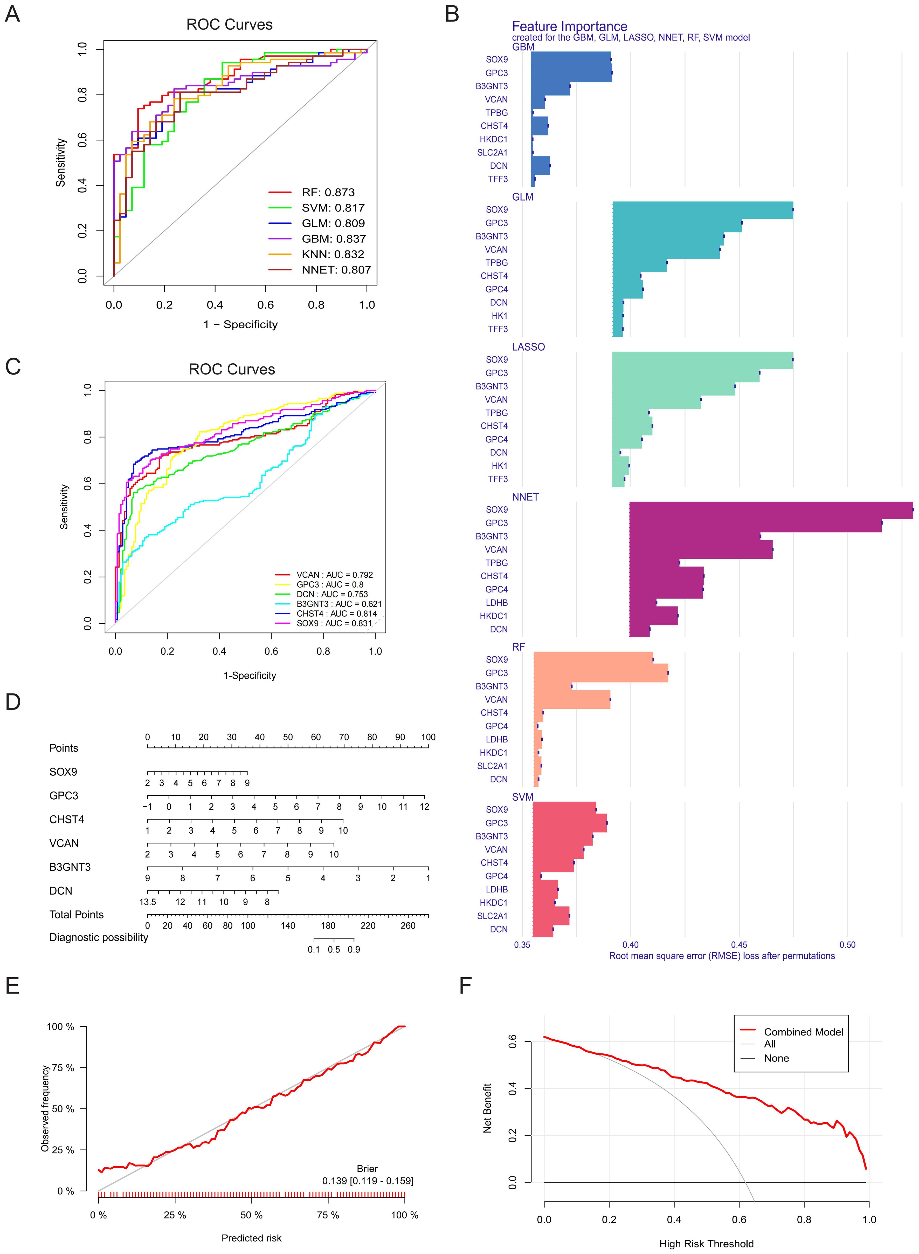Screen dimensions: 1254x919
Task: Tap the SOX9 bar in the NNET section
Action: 770,510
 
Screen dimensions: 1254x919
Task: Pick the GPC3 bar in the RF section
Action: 601,673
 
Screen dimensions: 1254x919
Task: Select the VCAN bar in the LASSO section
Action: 657,400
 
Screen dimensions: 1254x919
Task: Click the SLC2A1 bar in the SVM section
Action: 551,916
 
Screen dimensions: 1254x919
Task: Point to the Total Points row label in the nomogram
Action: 76,915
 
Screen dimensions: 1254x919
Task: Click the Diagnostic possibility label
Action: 99,937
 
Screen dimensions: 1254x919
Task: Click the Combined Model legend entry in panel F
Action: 803,1032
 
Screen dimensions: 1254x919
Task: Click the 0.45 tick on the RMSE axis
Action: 739,945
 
